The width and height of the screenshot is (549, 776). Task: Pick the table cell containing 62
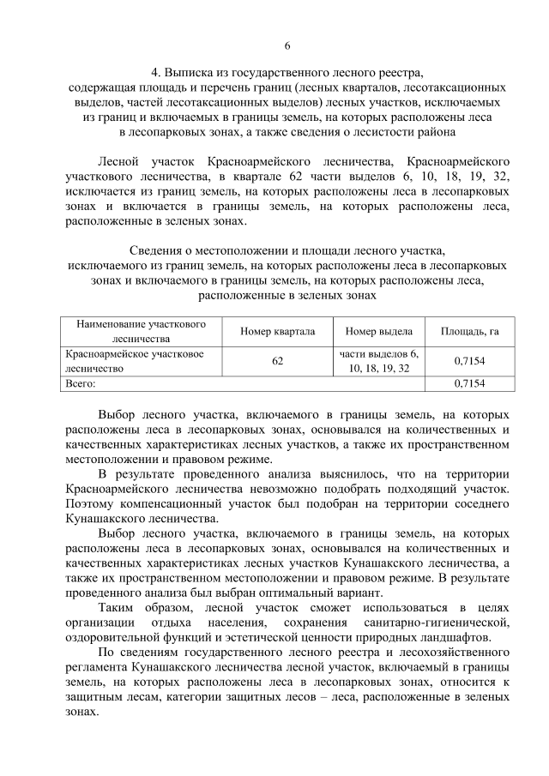[277, 361]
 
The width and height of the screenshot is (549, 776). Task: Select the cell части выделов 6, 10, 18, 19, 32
[378, 361]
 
